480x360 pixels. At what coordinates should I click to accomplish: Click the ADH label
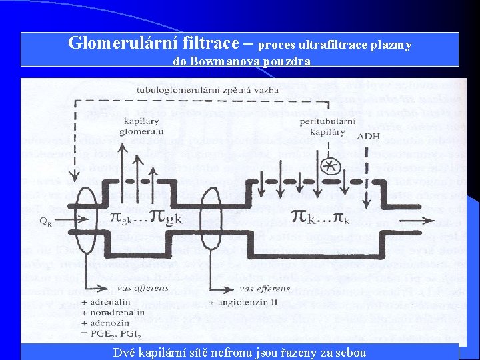click(369, 137)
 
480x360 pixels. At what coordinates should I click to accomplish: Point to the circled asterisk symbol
click(328, 165)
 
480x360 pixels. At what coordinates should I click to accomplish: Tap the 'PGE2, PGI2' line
click(113, 334)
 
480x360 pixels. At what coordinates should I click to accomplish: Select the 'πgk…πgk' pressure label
click(146, 217)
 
